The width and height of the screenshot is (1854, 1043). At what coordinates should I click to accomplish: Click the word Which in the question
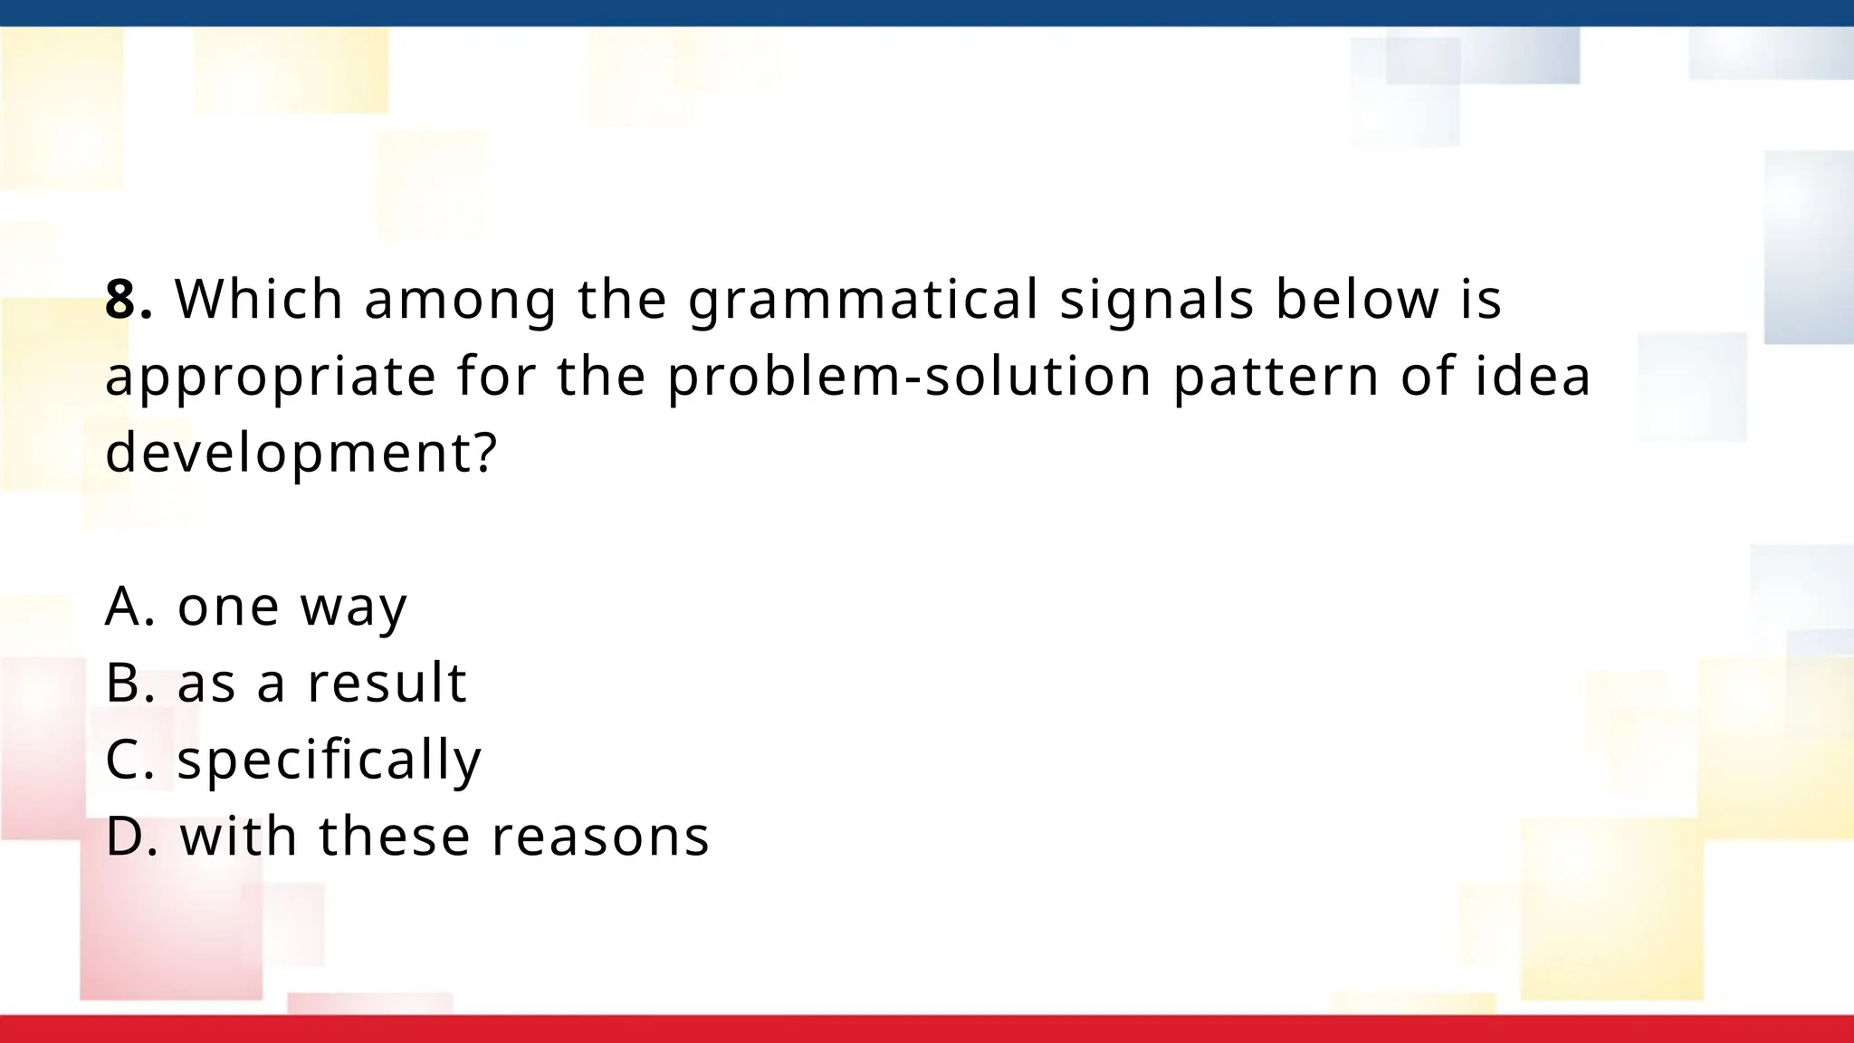(x=259, y=300)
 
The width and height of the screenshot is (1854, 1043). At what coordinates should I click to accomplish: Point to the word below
(x=1357, y=300)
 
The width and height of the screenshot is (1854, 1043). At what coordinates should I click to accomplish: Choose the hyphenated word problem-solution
(x=909, y=377)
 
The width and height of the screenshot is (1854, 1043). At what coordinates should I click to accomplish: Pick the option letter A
(x=124, y=607)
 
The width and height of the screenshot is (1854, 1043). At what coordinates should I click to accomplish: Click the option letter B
(x=124, y=684)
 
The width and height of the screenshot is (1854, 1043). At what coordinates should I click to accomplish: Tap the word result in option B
(x=387, y=683)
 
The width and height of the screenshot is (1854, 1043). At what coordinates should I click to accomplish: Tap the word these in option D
(x=395, y=837)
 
